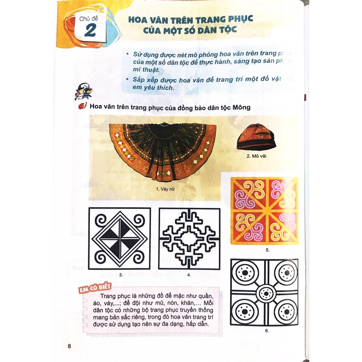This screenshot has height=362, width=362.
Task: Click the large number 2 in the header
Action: tap(90, 31)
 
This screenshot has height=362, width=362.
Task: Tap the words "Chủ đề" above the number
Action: tap(89, 19)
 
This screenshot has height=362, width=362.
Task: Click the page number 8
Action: tap(69, 346)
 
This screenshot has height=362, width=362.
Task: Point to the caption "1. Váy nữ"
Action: tap(165, 189)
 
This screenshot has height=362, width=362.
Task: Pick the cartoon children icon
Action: tap(83, 91)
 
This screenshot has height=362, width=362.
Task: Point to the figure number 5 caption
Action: tap(267, 250)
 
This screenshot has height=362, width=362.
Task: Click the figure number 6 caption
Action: tap(267, 331)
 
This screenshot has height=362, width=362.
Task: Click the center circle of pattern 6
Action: tap(264, 293)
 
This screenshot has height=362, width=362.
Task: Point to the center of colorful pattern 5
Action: tap(264, 211)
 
